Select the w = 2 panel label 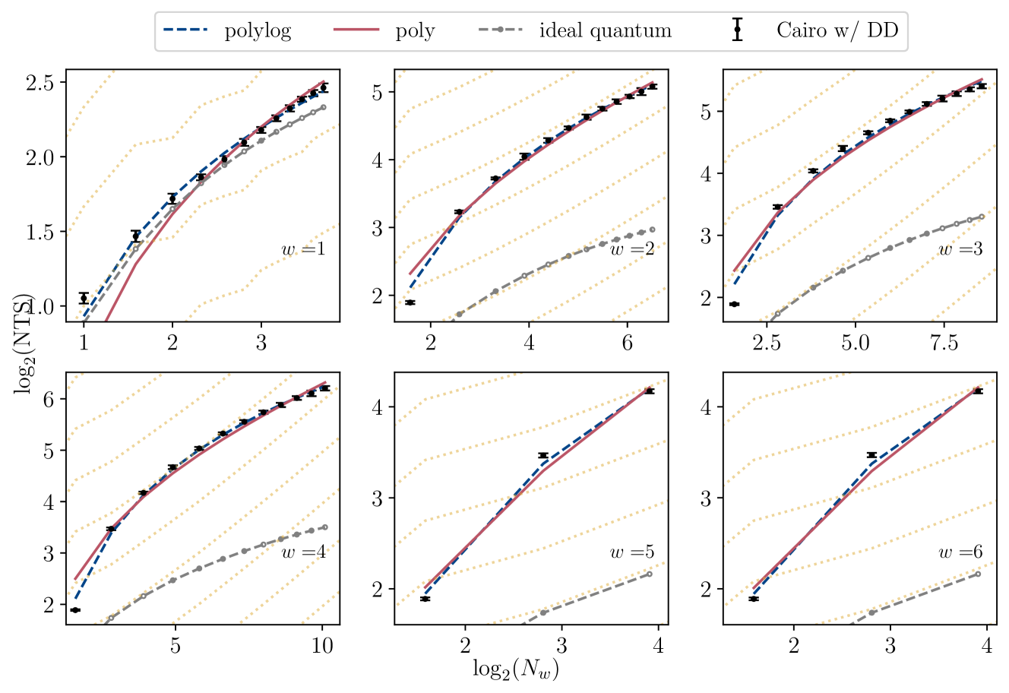click(x=632, y=249)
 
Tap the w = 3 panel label click(x=960, y=249)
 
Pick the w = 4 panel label click(x=303, y=552)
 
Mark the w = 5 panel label click(x=632, y=552)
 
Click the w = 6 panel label click(x=960, y=552)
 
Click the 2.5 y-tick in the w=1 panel click(x=45, y=82)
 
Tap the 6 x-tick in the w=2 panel click(x=627, y=343)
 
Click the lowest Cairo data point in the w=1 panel click(x=84, y=298)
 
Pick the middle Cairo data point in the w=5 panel click(x=543, y=455)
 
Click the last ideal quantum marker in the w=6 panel click(x=978, y=574)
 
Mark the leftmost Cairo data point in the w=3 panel click(x=734, y=304)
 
